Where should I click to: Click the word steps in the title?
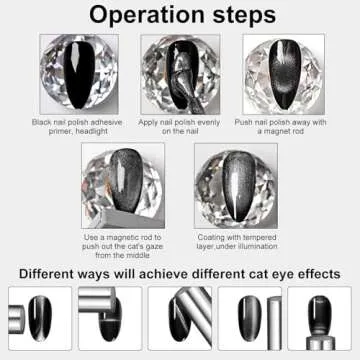click(236, 16)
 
